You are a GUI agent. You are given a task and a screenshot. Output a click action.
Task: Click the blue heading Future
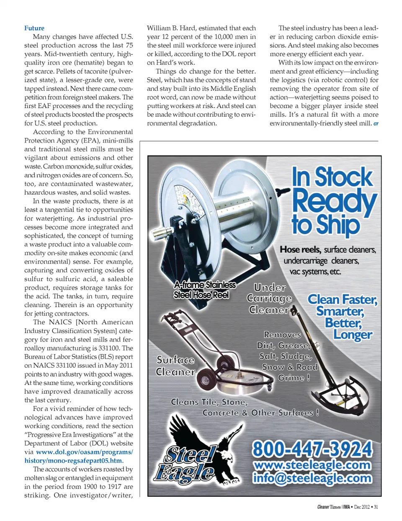(34, 28)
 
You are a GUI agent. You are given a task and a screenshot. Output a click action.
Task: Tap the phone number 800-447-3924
(312, 449)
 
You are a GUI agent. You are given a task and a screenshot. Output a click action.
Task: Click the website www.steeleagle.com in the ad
(312, 465)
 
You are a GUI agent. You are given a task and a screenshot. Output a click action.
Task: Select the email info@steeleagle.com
(312, 478)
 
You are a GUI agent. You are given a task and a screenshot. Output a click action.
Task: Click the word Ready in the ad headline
(334, 201)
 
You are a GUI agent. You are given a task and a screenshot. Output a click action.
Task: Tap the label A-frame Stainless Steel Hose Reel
(205, 290)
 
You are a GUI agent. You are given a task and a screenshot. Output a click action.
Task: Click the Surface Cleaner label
(175, 366)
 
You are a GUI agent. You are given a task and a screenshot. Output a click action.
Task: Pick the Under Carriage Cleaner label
(270, 298)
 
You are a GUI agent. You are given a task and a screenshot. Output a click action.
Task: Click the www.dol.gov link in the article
(84, 452)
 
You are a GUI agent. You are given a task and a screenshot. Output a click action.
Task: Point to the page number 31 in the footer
(376, 507)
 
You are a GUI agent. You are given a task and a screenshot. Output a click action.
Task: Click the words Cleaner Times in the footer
(329, 507)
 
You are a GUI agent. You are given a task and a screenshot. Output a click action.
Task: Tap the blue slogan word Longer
(353, 335)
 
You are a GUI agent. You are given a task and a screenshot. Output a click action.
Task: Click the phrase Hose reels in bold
(300, 249)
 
